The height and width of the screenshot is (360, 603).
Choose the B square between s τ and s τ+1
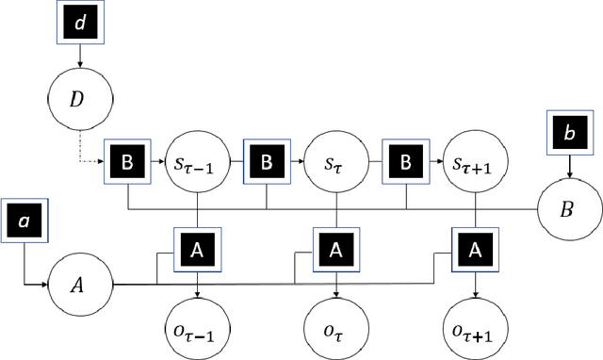405,163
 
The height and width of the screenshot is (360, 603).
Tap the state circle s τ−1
198,163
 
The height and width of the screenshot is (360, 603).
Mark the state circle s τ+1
475,163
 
